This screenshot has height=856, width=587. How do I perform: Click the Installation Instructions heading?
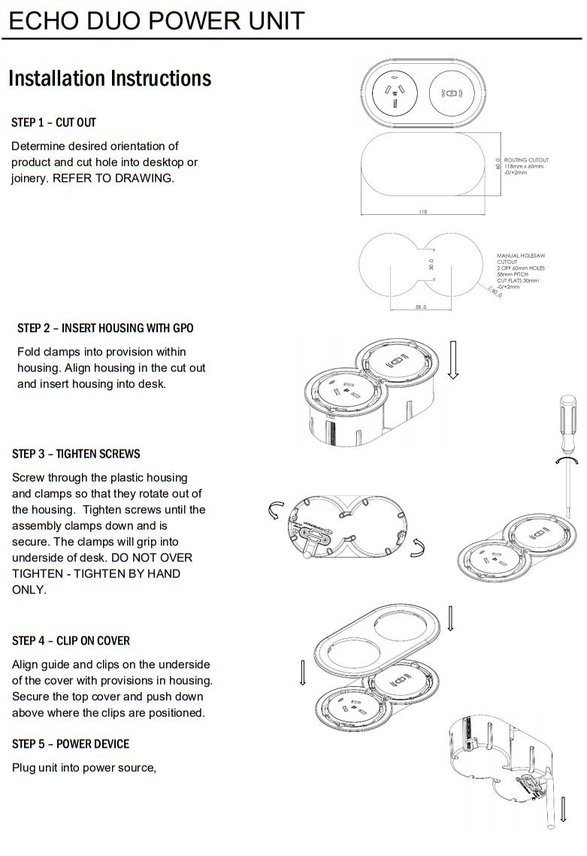click(110, 78)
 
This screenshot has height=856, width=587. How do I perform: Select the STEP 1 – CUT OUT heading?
click(53, 123)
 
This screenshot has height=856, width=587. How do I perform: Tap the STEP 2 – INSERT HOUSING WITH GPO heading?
click(105, 328)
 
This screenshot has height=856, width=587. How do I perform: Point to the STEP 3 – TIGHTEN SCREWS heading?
click(76, 454)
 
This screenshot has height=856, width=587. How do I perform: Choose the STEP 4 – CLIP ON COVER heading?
click(71, 641)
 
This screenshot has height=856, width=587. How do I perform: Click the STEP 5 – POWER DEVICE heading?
click(71, 744)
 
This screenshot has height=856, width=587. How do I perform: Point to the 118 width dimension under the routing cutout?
click(422, 212)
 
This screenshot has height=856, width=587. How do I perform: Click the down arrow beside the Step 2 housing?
click(452, 360)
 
